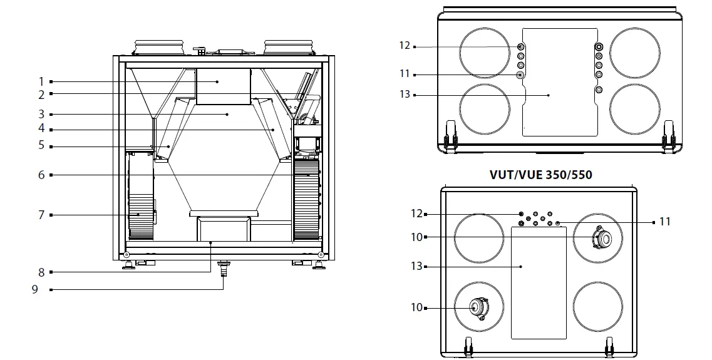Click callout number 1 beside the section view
pos(41,81)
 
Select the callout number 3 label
pos(41,115)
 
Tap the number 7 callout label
pos(41,215)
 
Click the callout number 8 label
pos(41,272)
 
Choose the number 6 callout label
pos(41,175)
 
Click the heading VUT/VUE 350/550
pos(540,175)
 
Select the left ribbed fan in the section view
pos(140,196)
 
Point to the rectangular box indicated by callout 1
pos(223,86)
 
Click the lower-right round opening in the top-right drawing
pos(634,109)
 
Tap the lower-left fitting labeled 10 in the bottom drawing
pos(479,307)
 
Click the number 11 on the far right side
pos(664,222)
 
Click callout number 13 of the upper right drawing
pos(405,95)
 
